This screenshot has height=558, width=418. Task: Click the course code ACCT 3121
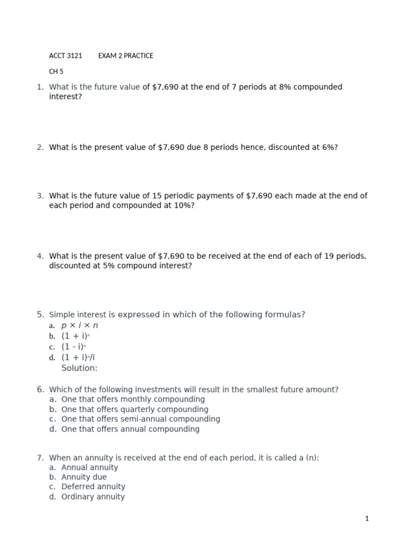pos(65,56)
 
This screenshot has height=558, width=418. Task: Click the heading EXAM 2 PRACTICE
pos(126,56)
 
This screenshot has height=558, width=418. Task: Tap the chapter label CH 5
pos(56,71)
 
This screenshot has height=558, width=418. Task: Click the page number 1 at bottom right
pos(367,519)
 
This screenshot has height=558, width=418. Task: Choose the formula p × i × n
pos(79,325)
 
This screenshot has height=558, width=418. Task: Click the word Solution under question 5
pos(79,368)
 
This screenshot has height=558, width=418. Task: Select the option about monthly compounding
pos(133,399)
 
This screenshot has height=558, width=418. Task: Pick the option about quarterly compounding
pos(134,409)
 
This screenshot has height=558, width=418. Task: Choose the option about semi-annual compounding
pos(140,419)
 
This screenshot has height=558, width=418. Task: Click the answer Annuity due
pos(84,477)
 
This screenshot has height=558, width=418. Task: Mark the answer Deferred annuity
pos(93,487)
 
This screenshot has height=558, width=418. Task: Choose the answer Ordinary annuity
pos(93,496)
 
